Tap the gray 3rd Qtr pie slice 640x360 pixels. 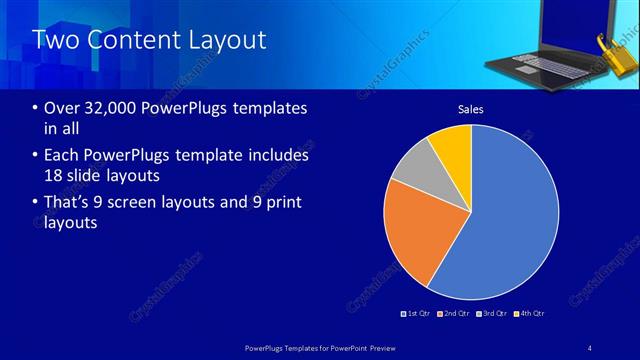click(x=414, y=170)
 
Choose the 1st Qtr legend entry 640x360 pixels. click(x=416, y=313)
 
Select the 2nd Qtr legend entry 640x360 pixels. click(x=453, y=313)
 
